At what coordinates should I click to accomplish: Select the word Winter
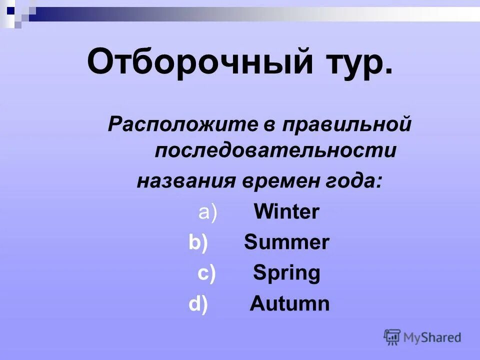(286, 212)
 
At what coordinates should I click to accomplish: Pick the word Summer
(286, 242)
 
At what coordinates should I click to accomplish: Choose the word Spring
(286, 273)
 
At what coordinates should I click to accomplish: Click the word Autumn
(289, 303)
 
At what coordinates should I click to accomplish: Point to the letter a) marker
(207, 212)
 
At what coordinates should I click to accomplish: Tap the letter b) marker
(198, 242)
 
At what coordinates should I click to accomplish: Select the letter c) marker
(206, 273)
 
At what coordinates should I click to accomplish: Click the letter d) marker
(198, 304)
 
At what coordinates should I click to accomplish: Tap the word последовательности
(275, 150)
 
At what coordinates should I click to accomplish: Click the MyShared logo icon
(392, 337)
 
